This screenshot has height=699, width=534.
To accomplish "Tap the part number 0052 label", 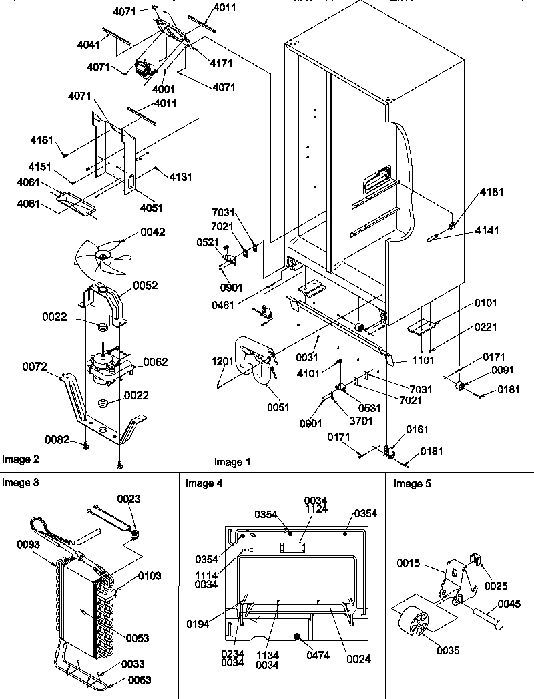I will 146,285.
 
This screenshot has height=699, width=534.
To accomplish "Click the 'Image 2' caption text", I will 21,459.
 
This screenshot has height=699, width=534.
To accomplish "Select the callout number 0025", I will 496,586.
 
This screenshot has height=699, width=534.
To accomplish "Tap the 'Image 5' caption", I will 412,483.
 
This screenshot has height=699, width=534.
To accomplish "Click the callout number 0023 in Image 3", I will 129,498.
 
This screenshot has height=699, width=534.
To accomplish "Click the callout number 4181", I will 490,192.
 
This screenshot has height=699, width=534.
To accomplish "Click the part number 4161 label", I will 41,142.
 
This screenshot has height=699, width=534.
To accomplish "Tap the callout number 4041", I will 89,46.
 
